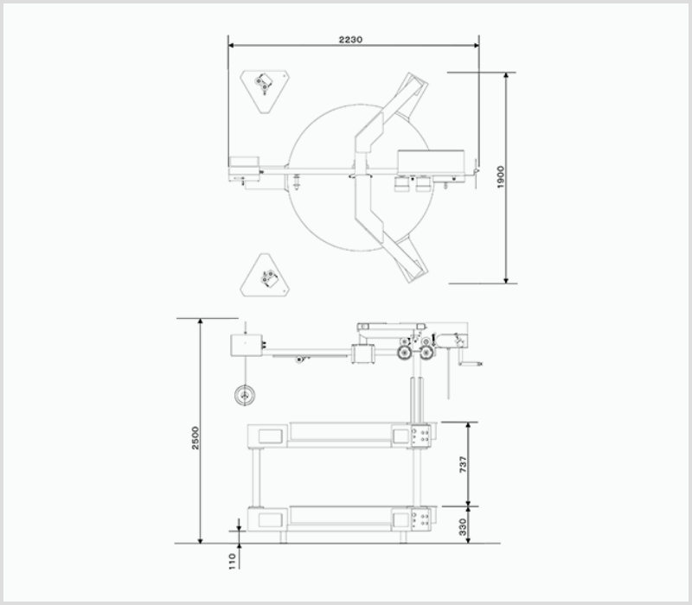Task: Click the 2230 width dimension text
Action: (350, 40)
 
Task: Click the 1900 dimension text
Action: (501, 177)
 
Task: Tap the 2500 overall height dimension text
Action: (195, 438)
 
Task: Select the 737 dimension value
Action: (463, 464)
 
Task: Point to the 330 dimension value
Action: (463, 527)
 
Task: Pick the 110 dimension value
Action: (233, 561)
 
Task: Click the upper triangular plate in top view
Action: (265, 92)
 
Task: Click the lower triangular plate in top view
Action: (265, 275)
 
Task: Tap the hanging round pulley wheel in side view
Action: (245, 395)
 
